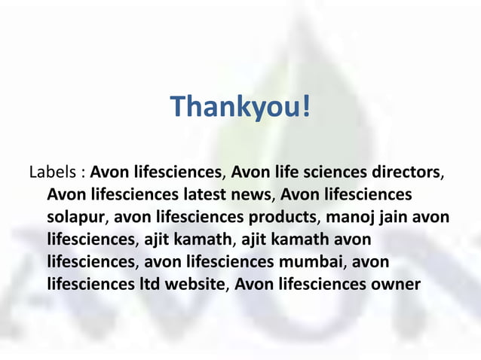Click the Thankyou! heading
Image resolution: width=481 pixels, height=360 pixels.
point(240,108)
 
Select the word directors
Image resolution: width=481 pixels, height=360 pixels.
point(406,172)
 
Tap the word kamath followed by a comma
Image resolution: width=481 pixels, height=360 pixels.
point(205,240)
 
